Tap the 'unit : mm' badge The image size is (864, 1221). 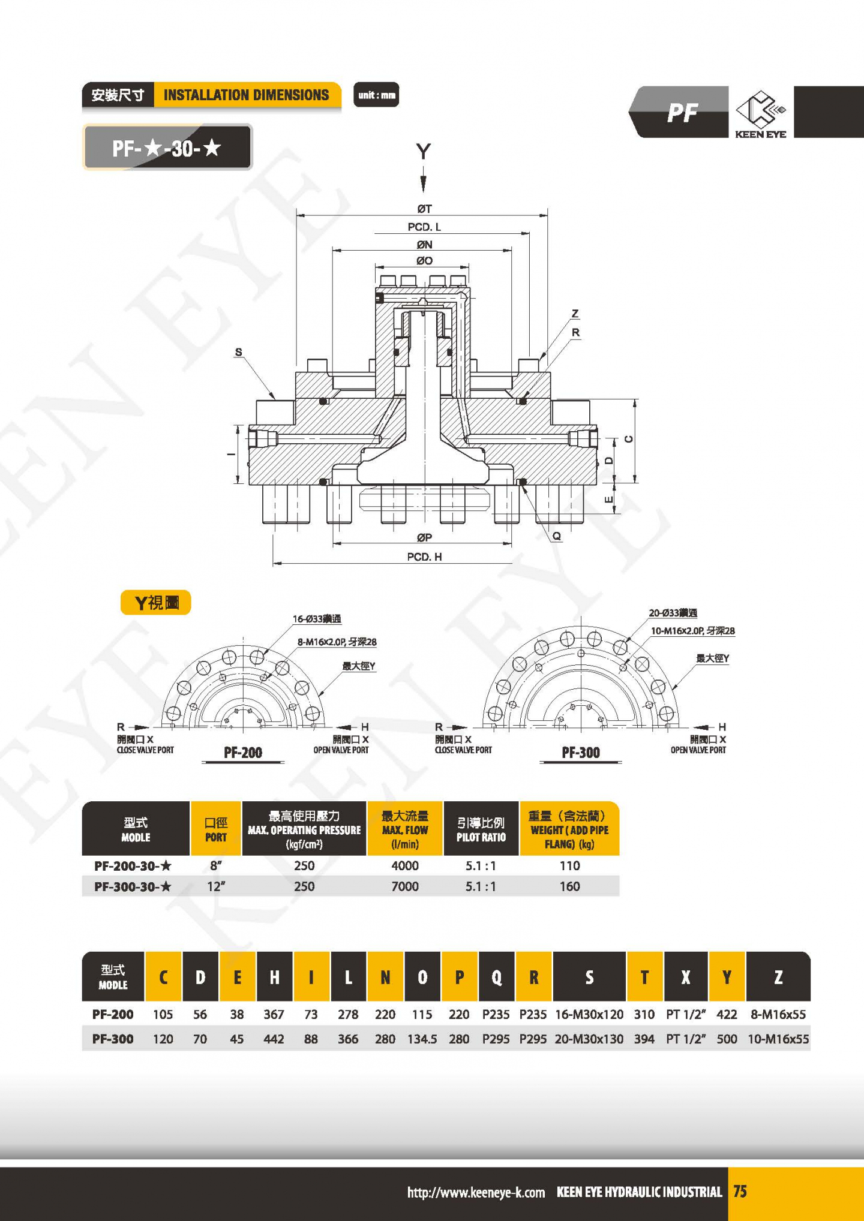[x=376, y=95]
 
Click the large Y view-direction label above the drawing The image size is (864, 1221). [x=424, y=151]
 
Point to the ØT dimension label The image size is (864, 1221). [x=424, y=209]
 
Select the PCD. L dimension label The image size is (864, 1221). [x=424, y=227]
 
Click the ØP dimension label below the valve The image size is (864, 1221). [x=424, y=537]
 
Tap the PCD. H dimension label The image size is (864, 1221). [x=424, y=557]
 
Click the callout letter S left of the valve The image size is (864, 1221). [x=239, y=352]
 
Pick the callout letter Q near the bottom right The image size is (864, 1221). [x=557, y=536]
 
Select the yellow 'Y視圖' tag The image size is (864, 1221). [x=156, y=603]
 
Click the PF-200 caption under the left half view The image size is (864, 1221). [x=243, y=753]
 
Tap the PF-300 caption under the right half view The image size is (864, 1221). [x=581, y=753]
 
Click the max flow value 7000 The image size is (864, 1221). [x=405, y=886]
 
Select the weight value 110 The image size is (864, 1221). [x=569, y=865]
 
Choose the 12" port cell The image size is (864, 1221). [x=215, y=886]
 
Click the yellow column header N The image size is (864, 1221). [x=385, y=978]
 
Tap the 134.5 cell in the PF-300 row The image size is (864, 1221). [x=422, y=1039]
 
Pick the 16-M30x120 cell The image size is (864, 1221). [x=589, y=1014]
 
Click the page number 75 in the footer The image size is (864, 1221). [x=740, y=1192]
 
